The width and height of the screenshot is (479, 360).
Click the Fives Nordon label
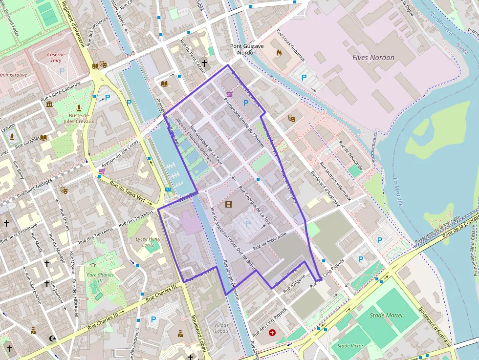point(373,58)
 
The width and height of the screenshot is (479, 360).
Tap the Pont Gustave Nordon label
point(247,49)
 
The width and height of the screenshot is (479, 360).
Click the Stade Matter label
point(387,316)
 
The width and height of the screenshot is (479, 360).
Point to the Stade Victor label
point(350,346)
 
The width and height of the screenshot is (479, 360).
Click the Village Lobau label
point(221,328)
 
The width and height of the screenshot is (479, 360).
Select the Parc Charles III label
point(100,278)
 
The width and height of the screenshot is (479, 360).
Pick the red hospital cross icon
point(272,333)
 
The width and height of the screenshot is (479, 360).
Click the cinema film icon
point(228,204)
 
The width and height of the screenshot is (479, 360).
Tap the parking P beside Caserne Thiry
point(62,71)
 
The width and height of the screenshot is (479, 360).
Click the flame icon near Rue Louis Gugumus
point(279,52)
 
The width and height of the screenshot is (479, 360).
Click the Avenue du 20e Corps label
point(120,151)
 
